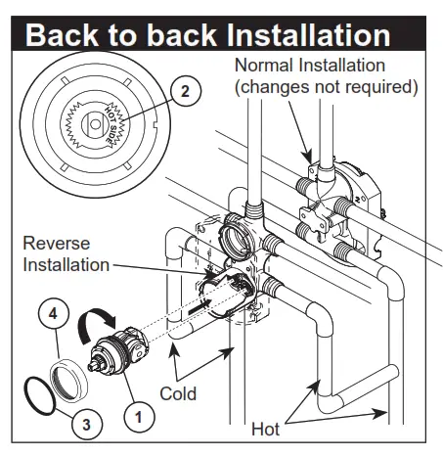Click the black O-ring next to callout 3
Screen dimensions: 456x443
[x=38, y=396]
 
